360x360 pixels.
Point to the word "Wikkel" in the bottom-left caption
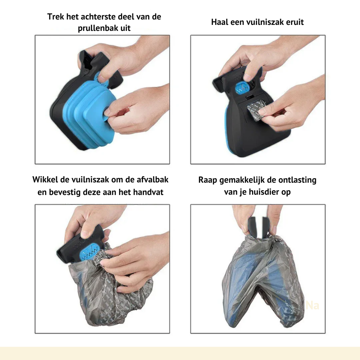(x=45, y=179)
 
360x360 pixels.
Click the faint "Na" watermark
(x=312, y=306)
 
